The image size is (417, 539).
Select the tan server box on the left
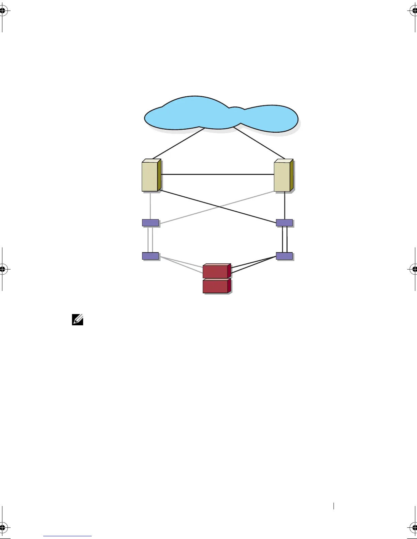[150, 176]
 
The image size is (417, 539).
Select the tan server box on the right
[282, 176]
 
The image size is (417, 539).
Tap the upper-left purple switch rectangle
[150, 223]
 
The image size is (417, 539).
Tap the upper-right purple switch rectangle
[284, 223]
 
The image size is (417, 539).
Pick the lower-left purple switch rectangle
[150, 256]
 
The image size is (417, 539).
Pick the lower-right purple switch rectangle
[284, 256]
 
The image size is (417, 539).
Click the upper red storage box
[216, 271]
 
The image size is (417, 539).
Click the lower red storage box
[216, 286]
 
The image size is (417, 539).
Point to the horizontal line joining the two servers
[218, 174]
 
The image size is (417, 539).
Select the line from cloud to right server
[259, 143]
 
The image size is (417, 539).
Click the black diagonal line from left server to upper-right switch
[218, 207]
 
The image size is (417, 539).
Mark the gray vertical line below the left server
[150, 206]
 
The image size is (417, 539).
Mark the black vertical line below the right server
[284, 206]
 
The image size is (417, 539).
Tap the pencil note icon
[78, 320]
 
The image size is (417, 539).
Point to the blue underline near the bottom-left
[67, 536]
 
